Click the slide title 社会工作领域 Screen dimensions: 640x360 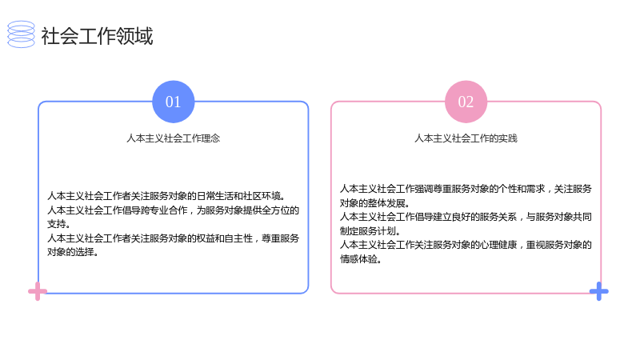(x=97, y=36)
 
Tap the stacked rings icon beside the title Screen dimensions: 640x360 (x=22, y=34)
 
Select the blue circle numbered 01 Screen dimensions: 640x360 (x=173, y=102)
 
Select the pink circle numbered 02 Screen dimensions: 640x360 (x=466, y=102)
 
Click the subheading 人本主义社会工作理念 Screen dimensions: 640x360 (x=173, y=138)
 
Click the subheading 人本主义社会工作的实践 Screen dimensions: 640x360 (x=466, y=138)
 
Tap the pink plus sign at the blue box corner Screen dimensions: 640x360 (x=38, y=291)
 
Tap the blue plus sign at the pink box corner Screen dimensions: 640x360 (x=598, y=291)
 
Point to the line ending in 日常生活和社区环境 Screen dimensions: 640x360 (x=166, y=196)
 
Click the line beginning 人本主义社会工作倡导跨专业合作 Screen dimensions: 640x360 (x=173, y=210)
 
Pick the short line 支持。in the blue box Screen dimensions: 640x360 (x=58, y=224)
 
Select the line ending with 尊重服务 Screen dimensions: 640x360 (x=173, y=238)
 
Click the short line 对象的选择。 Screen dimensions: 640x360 (x=73, y=252)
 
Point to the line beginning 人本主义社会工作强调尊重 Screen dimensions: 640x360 (x=466, y=189)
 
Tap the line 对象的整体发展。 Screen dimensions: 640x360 (x=374, y=203)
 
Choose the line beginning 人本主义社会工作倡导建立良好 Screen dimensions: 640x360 (x=466, y=217)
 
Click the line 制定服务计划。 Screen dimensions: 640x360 (x=370, y=230)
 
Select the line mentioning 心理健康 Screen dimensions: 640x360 (x=466, y=245)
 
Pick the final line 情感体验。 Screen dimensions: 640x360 (x=361, y=258)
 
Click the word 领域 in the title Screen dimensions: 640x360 (x=134, y=36)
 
